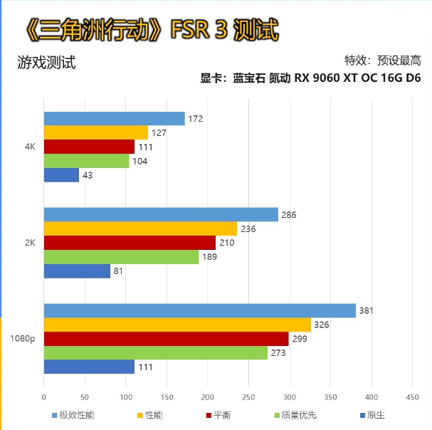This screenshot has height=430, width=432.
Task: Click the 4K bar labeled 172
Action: tap(114, 119)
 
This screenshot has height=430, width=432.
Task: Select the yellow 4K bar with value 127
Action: tap(95, 132)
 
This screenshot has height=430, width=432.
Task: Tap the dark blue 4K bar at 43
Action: tap(61, 174)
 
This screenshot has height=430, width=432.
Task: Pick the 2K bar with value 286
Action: tap(161, 215)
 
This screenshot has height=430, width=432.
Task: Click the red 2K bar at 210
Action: tap(130, 243)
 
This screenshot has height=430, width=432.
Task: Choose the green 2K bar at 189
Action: tap(121, 256)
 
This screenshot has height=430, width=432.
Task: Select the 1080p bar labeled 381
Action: tap(199, 310)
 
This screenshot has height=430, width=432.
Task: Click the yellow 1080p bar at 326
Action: tap(177, 325)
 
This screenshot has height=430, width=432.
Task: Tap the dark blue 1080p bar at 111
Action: tap(89, 367)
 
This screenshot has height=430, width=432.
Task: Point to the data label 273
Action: tap(278, 352)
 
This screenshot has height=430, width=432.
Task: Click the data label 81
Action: tap(119, 271)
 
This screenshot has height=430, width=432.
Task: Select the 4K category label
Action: tap(29, 147)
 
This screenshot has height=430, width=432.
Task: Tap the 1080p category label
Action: tap(23, 339)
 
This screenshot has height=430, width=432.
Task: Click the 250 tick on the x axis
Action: tap(248, 397)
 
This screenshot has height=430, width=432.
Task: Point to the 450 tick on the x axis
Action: tap(412, 397)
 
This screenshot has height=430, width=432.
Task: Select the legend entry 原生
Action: tap(376, 414)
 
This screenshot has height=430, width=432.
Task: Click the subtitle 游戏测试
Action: tap(46, 63)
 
